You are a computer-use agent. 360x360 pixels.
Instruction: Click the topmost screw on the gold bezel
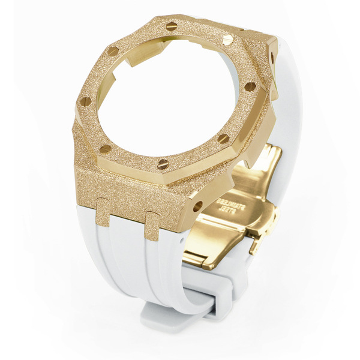point(171,26)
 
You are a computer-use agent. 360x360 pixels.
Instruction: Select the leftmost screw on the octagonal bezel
point(85,101)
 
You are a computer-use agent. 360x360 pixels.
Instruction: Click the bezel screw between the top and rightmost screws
point(228,40)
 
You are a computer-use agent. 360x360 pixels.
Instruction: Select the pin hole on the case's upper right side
point(272,58)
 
